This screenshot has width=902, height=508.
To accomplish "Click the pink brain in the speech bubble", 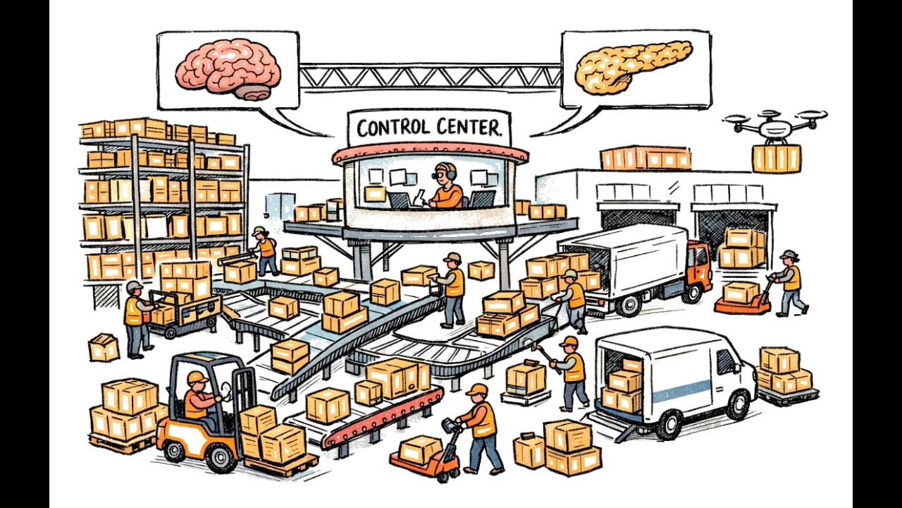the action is [x=228, y=68].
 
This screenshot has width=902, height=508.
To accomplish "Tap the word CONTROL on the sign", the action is [x=393, y=128].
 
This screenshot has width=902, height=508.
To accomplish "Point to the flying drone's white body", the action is [x=775, y=129].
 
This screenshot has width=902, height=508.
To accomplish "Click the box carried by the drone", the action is [x=777, y=159].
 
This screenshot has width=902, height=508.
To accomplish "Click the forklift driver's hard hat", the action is [x=197, y=377].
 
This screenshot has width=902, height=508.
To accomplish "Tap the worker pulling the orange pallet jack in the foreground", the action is [x=481, y=430].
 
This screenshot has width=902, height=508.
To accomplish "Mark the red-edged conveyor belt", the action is [x=383, y=419].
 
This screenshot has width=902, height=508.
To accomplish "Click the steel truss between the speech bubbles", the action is [x=430, y=77].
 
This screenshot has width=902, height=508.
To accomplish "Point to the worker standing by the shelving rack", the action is [x=265, y=250].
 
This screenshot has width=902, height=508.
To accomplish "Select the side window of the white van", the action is [x=725, y=361].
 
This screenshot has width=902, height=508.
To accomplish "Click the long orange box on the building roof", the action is [x=646, y=158].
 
